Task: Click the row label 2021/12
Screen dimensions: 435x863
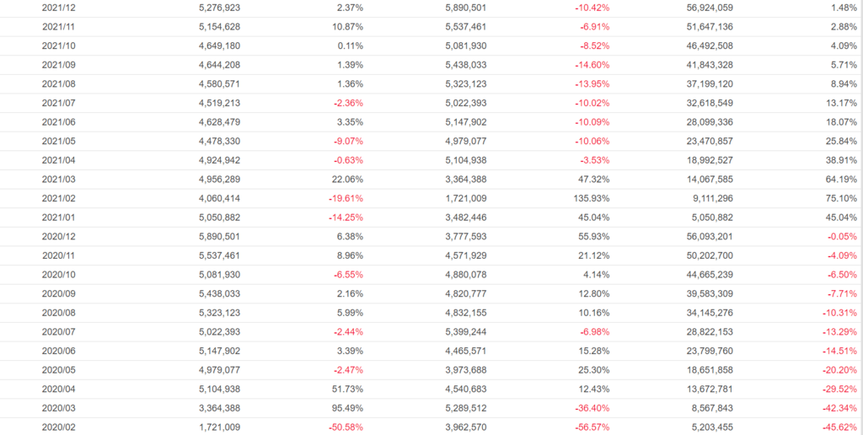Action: (59, 8)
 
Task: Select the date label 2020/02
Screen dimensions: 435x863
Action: (59, 427)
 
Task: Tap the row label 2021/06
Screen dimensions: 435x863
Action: (59, 122)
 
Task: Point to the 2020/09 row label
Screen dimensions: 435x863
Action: (59, 293)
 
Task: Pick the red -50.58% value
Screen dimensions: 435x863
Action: (345, 427)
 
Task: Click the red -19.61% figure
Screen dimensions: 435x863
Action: (345, 198)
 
